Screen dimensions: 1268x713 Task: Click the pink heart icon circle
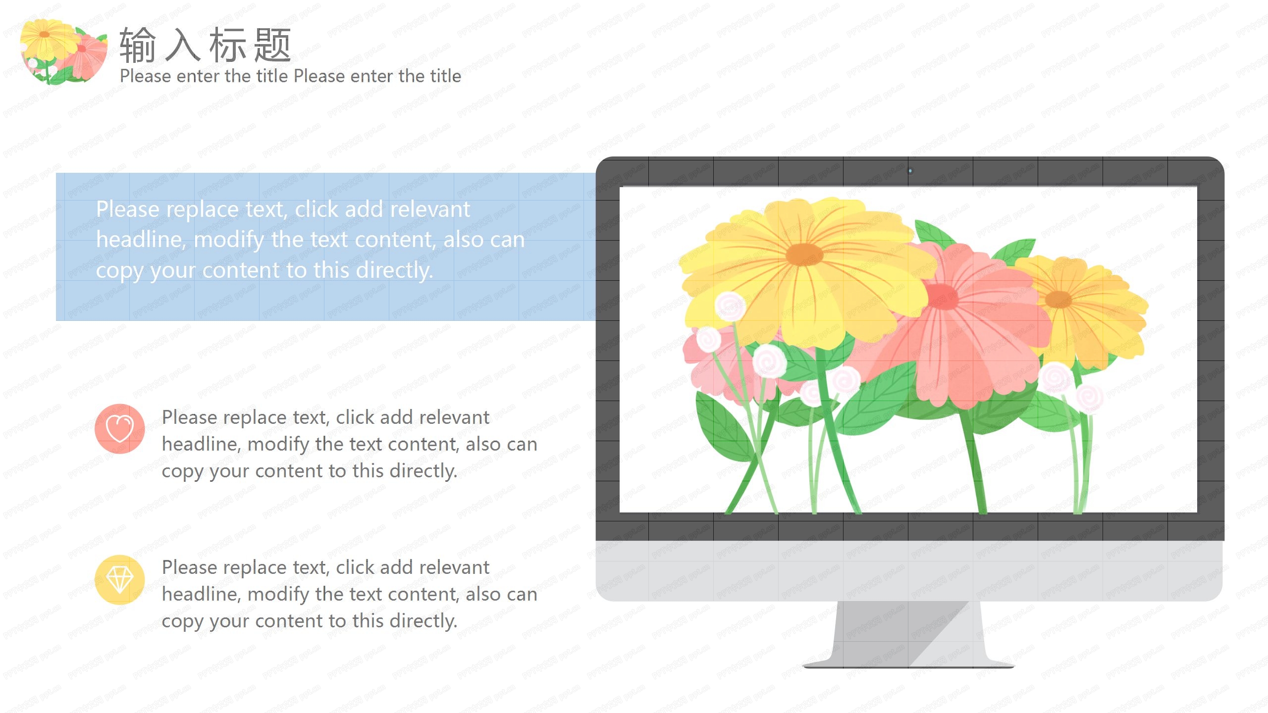coord(120,428)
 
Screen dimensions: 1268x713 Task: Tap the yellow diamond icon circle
coord(120,579)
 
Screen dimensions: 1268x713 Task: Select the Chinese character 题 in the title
coord(272,45)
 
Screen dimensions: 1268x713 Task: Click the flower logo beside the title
coord(63,51)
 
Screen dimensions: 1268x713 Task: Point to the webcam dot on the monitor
coord(910,171)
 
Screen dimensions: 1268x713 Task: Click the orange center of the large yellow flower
coord(804,255)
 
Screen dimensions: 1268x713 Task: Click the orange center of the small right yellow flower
coord(1058,300)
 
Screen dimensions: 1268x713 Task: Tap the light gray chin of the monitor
coord(909,570)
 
